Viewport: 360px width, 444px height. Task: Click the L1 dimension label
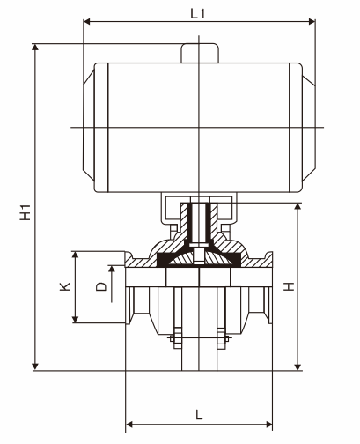click(x=198, y=13)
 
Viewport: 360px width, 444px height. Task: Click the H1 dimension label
click(x=26, y=212)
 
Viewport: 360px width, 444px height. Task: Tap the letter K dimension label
click(x=65, y=286)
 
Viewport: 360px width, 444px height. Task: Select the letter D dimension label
click(x=101, y=286)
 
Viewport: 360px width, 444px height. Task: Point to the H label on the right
click(x=289, y=286)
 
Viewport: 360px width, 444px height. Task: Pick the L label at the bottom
click(x=199, y=415)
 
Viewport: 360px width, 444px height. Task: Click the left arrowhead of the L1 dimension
click(x=87, y=21)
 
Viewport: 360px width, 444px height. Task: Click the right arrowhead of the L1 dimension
click(x=312, y=21)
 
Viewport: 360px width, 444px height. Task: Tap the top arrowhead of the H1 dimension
click(x=35, y=48)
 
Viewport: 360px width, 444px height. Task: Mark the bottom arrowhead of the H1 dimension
click(x=35, y=366)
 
